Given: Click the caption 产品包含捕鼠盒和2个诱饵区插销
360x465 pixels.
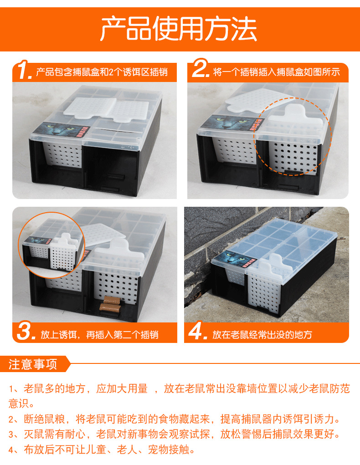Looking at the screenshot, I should (x=102, y=72).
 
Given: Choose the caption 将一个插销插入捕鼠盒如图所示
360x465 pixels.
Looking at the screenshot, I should (x=277, y=72).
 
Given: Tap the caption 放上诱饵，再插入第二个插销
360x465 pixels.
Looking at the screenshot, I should (x=99, y=335).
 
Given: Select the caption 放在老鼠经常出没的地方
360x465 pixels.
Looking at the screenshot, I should (x=262, y=335).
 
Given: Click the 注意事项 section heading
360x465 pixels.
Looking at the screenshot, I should (x=33, y=364).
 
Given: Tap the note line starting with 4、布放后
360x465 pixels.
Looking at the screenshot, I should (x=102, y=450).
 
